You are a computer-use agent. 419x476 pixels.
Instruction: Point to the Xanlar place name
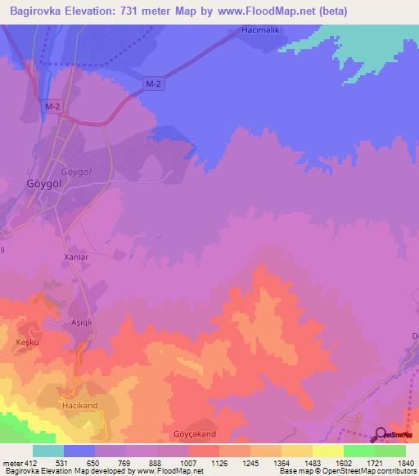tap(75, 256)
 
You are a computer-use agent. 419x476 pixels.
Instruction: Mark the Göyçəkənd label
tap(194, 433)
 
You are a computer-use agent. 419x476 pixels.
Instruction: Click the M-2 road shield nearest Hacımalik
tap(152, 83)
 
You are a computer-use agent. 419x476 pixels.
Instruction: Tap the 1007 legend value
tap(187, 464)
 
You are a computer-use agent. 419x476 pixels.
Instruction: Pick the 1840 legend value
tap(404, 464)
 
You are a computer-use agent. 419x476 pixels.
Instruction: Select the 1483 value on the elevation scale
tap(312, 464)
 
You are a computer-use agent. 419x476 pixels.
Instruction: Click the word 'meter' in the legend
tap(11, 464)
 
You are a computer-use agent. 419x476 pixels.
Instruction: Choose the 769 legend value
tap(126, 464)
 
